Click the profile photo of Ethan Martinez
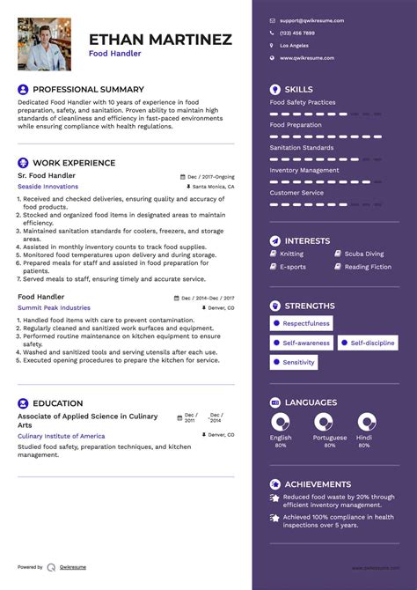coord(44,44)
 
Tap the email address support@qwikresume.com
coord(311,20)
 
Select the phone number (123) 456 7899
coord(296,33)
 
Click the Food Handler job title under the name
coord(114,54)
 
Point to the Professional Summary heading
coord(88,90)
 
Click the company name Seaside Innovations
coord(48,187)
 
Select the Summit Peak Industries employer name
coord(54,308)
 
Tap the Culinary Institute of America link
coord(61,436)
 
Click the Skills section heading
coord(298,90)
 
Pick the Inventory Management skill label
coord(304,170)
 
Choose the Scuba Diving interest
coord(363,254)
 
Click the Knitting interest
coord(292,254)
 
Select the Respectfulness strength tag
coord(305,323)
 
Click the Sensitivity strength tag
coord(298,362)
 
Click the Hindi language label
coord(364,438)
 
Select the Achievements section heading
coord(317,484)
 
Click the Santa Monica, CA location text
coord(213,187)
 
